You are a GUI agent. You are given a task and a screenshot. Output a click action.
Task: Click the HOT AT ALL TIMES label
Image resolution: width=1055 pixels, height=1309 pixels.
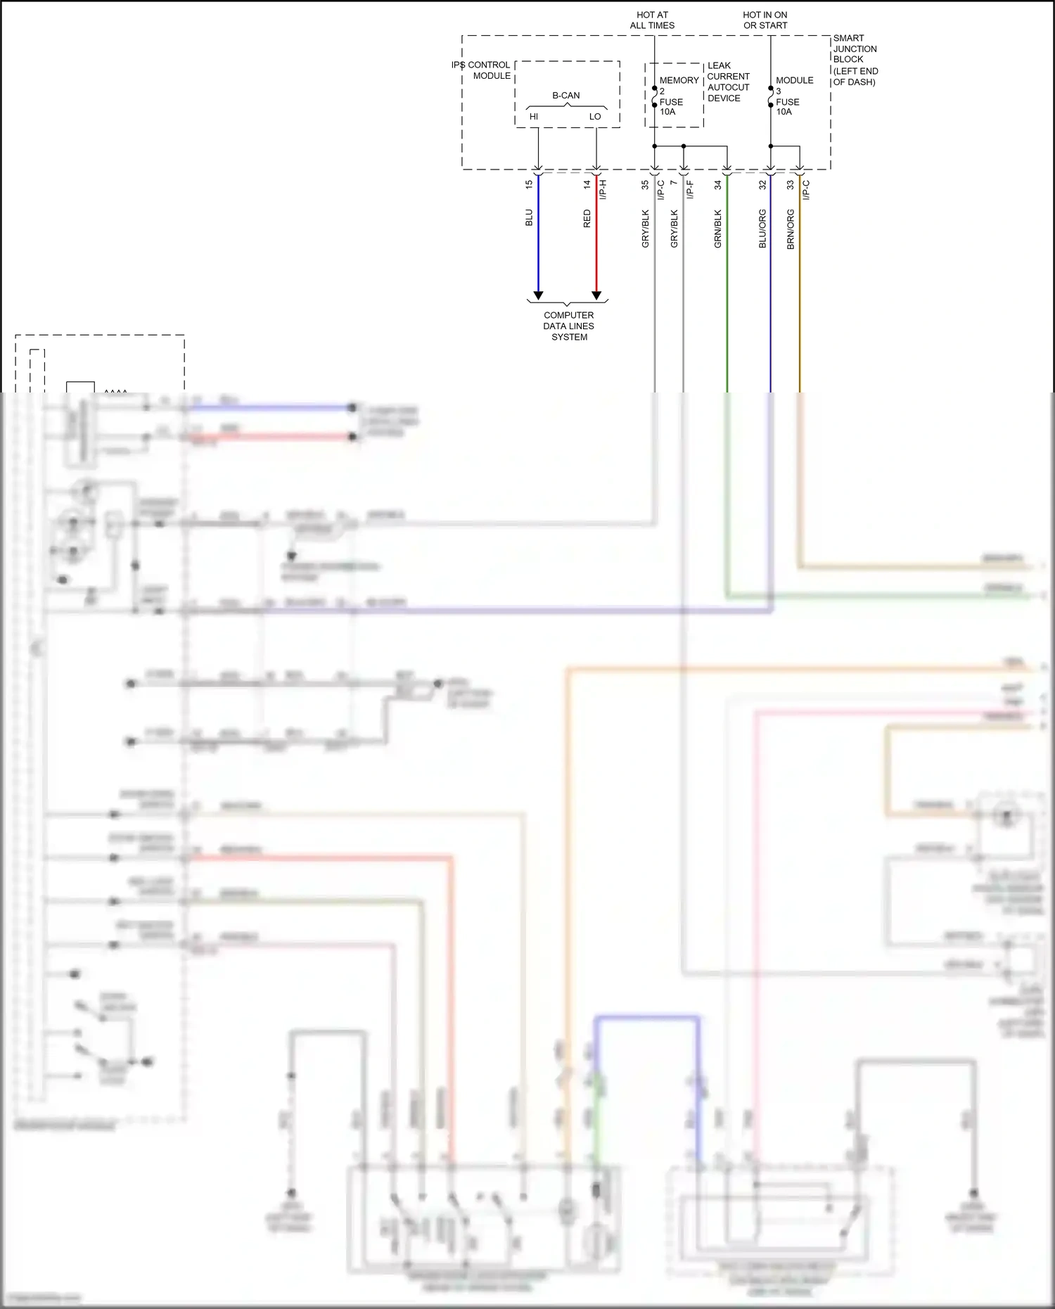coord(652,20)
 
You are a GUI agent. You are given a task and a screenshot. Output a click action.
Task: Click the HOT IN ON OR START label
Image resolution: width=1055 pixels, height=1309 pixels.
coord(765,20)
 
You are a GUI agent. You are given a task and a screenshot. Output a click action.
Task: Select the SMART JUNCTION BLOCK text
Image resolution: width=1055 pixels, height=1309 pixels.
coord(855,60)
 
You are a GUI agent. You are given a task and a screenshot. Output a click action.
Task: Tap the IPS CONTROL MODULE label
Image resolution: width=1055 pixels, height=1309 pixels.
coord(482,70)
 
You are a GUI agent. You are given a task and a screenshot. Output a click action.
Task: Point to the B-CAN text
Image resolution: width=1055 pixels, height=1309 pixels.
coord(566,96)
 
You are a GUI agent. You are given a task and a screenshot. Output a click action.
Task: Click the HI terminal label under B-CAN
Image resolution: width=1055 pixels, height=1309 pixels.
coord(534,117)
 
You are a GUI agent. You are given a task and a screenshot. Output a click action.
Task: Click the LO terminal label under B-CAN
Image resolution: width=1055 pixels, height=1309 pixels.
coord(595,117)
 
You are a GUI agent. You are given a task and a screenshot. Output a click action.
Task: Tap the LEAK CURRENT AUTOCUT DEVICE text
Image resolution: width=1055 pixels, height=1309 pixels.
coord(728,82)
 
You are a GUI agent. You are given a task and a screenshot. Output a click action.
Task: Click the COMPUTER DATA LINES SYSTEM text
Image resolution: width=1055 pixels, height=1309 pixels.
coord(569,326)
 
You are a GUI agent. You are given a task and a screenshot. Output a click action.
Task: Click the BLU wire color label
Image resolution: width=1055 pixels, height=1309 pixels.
coord(529,218)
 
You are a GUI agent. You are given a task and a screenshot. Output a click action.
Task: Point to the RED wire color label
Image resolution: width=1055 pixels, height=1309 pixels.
coord(587,219)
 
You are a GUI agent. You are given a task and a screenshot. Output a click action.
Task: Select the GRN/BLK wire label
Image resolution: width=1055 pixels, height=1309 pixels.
coord(718,229)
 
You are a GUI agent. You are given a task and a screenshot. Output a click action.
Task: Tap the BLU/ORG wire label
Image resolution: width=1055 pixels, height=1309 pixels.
coord(762,229)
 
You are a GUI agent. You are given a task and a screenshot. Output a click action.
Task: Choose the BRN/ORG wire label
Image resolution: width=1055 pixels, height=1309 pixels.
coord(791,229)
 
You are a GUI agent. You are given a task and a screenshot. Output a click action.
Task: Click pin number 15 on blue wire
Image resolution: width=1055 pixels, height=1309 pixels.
coord(529,184)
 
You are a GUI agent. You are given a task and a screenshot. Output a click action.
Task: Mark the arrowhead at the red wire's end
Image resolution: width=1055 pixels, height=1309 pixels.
coord(596,295)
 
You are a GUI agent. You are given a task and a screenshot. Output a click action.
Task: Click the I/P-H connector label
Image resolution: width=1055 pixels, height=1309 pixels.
coord(603,189)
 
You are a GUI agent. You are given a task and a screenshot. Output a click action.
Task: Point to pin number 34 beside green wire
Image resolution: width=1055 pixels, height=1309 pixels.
coord(718,185)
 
